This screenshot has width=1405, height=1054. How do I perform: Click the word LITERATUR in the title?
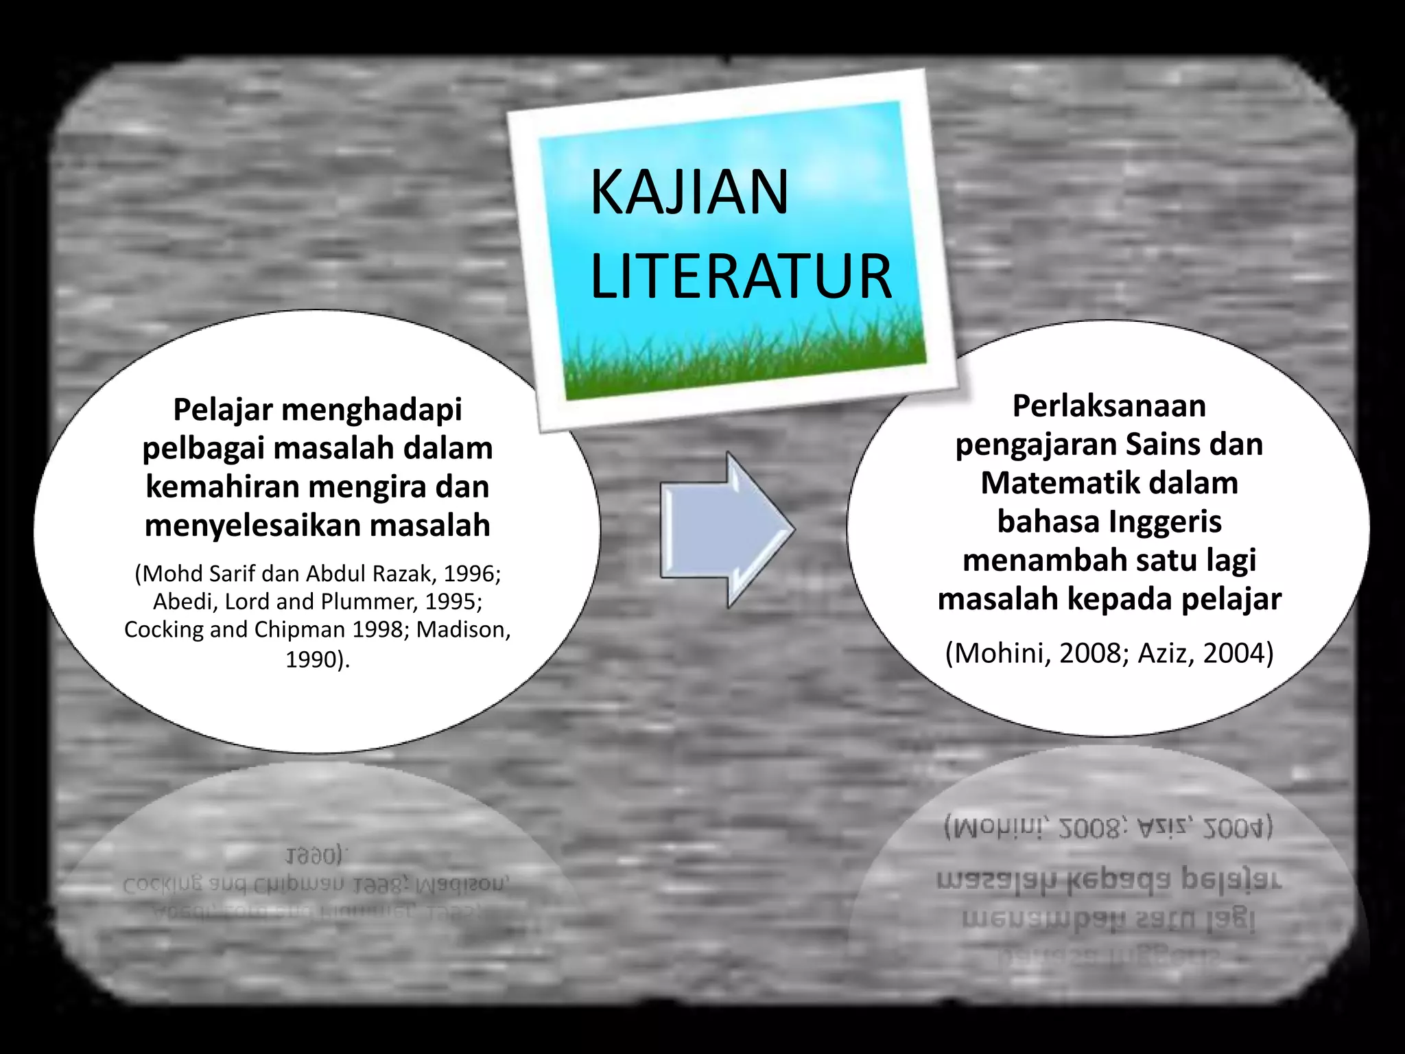pos(741,277)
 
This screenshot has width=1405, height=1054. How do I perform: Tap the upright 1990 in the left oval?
pos(313,659)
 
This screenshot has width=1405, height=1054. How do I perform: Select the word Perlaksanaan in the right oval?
pos(1109,406)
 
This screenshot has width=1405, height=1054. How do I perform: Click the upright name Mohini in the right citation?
pos(1002,653)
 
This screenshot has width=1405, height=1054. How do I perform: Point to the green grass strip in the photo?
pos(744,360)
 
